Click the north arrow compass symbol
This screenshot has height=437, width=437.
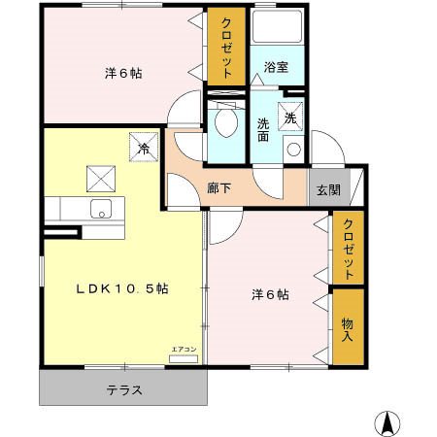pos(386,422)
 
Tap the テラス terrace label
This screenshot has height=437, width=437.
pos(123,390)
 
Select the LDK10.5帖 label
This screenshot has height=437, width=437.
pos(123,289)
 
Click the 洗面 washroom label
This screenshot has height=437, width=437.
pos(264,130)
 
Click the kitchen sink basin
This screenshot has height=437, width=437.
pos(101,208)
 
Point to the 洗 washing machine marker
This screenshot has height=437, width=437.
pos(290,117)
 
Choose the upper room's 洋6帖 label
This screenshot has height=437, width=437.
pos(124,73)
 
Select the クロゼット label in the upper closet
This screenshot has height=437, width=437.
pos(225,48)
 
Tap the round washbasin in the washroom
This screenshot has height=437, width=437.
pos(291,149)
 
